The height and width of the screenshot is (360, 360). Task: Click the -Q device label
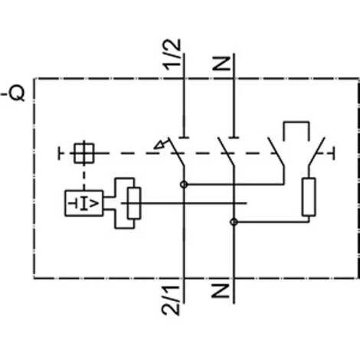(15, 94)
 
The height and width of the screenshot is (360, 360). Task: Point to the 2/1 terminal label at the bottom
(174, 298)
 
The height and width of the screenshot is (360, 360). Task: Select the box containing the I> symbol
(83, 203)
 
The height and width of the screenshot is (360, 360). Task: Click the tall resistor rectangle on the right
(310, 197)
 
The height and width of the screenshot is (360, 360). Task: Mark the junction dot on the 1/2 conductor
(184, 184)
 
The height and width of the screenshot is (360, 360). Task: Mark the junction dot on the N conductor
(233, 222)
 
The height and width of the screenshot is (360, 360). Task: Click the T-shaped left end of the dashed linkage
(60, 153)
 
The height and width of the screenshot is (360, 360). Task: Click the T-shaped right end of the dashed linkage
(334, 153)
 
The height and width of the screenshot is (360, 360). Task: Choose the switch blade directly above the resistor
(316, 153)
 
